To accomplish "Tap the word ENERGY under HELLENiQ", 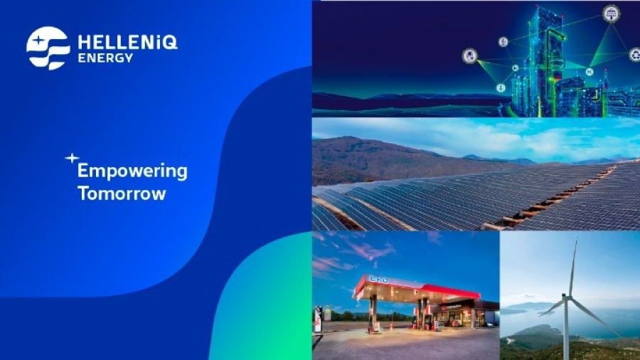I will (x=105, y=58).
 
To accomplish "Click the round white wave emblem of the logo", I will (x=48, y=48).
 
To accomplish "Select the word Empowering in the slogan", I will (x=132, y=171).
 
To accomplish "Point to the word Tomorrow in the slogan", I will (x=122, y=194).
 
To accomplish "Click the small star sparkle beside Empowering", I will (x=71, y=158).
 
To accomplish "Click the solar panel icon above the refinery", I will (x=610, y=14).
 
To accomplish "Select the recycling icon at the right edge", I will (x=634, y=55).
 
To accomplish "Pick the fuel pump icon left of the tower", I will (x=469, y=56).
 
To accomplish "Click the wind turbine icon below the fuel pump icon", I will (x=501, y=88).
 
